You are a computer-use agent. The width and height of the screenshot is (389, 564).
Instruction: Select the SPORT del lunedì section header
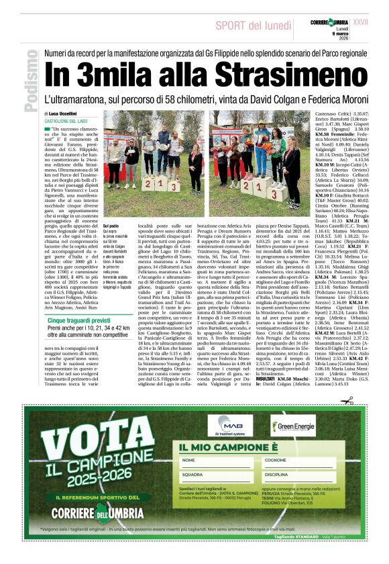pos(252,25)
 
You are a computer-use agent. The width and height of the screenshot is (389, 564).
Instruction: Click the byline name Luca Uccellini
pos(63,113)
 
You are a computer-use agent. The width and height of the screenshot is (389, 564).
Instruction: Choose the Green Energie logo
pos(292,426)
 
